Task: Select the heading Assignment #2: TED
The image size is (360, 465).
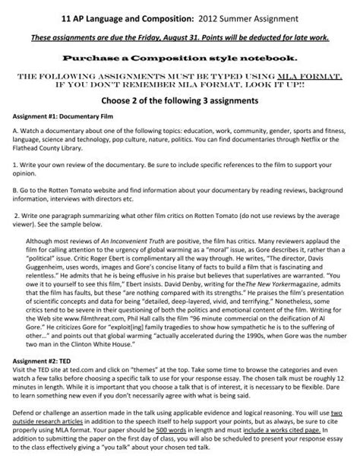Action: (x=43, y=355)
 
